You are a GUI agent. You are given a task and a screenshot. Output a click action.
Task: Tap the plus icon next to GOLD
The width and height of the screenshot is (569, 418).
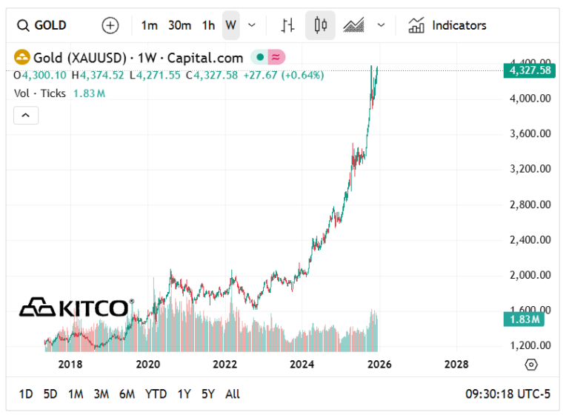110,25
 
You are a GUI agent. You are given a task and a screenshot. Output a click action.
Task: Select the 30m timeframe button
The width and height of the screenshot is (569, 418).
179,25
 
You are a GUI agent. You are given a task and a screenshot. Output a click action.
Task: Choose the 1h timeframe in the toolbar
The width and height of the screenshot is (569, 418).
208,25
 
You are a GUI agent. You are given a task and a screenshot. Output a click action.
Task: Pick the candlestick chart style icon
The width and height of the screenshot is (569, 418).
320,25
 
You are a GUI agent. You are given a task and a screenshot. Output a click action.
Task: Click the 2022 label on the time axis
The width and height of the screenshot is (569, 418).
224,364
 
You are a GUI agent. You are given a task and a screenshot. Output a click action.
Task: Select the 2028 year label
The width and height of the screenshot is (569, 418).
456,364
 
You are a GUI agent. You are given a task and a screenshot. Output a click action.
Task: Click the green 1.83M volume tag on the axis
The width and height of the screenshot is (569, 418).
525,319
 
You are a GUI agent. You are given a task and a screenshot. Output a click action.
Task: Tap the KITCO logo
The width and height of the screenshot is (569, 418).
76,306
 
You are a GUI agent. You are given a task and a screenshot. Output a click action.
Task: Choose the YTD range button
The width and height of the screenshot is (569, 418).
156,394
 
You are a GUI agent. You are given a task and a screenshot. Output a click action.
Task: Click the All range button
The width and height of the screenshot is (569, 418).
233,394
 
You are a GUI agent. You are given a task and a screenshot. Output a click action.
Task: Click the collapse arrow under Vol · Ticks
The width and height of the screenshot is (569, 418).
25,115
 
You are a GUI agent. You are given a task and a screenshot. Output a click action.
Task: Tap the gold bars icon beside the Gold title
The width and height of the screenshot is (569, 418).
22,58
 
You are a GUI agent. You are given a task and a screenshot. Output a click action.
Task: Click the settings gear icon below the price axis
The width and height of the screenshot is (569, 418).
530,365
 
